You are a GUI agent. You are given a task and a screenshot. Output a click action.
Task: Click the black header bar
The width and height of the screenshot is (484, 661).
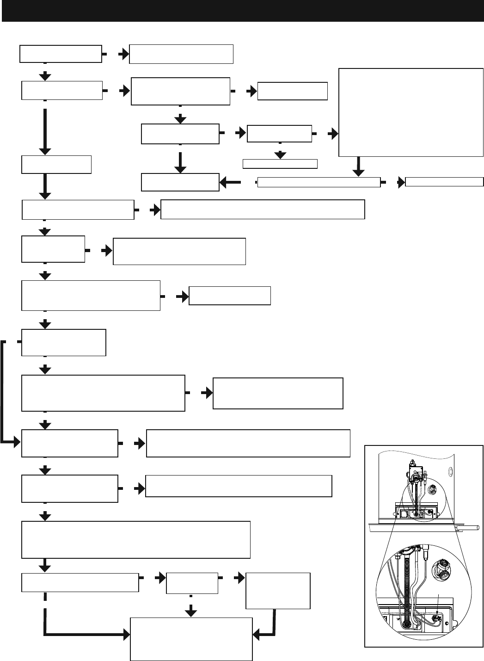[x=242, y=11]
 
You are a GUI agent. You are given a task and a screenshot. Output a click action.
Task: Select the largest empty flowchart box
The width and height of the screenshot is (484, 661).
[x=411, y=113]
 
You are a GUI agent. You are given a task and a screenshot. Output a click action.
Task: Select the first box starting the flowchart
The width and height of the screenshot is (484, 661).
[x=61, y=54]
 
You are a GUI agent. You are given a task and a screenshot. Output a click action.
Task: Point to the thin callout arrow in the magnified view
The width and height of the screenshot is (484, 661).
[x=438, y=601]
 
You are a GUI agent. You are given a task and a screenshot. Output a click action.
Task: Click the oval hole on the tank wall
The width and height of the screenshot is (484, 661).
[x=449, y=473]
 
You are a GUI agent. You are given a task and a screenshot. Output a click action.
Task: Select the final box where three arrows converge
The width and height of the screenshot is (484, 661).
[x=191, y=639]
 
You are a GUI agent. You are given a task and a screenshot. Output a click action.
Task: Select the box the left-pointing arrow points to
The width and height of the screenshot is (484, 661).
[x=180, y=182]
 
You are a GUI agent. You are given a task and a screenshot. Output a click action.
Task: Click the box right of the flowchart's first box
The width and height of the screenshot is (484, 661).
[x=181, y=54]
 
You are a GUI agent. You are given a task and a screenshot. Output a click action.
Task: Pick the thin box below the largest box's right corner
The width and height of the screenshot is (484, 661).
[x=444, y=182]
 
